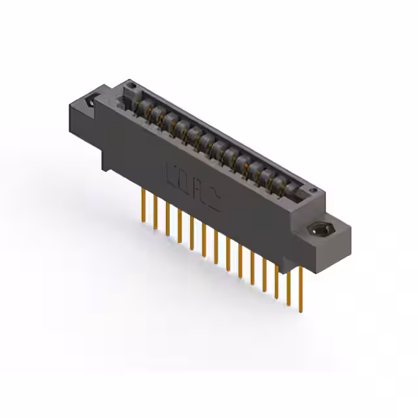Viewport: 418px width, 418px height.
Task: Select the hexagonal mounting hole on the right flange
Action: (x=321, y=231)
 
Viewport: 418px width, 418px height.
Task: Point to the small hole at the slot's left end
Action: (x=131, y=86)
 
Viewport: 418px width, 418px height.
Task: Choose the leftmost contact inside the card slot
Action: (x=141, y=105)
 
